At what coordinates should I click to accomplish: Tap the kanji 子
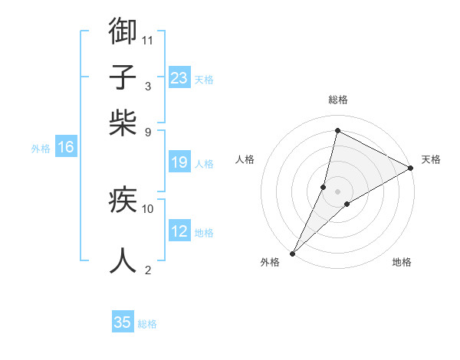pyautogui.click(x=123, y=77)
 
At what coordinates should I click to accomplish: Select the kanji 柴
pyautogui.click(x=123, y=123)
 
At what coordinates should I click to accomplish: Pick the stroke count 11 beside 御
pyautogui.click(x=148, y=39)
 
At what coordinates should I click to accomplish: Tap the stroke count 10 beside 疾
pyautogui.click(x=148, y=208)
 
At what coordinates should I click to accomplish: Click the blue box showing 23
pyautogui.click(x=179, y=78)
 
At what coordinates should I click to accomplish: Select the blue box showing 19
pyautogui.click(x=179, y=162)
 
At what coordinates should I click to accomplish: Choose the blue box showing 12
pyautogui.click(x=179, y=231)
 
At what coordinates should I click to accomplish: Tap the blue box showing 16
pyautogui.click(x=66, y=148)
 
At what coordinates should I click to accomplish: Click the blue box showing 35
pyautogui.click(x=123, y=322)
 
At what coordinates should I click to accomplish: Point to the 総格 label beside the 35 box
pyautogui.click(x=147, y=324)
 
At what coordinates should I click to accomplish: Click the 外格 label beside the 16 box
pyautogui.click(x=40, y=149)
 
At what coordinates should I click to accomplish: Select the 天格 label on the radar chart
pyautogui.click(x=431, y=159)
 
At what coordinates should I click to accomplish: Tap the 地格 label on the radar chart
pyautogui.click(x=402, y=263)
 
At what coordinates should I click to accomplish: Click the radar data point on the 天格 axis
pyautogui.click(x=411, y=168)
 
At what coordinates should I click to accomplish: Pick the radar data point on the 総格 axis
pyautogui.click(x=337, y=129)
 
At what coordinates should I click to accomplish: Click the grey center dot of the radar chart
pyautogui.click(x=337, y=191)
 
